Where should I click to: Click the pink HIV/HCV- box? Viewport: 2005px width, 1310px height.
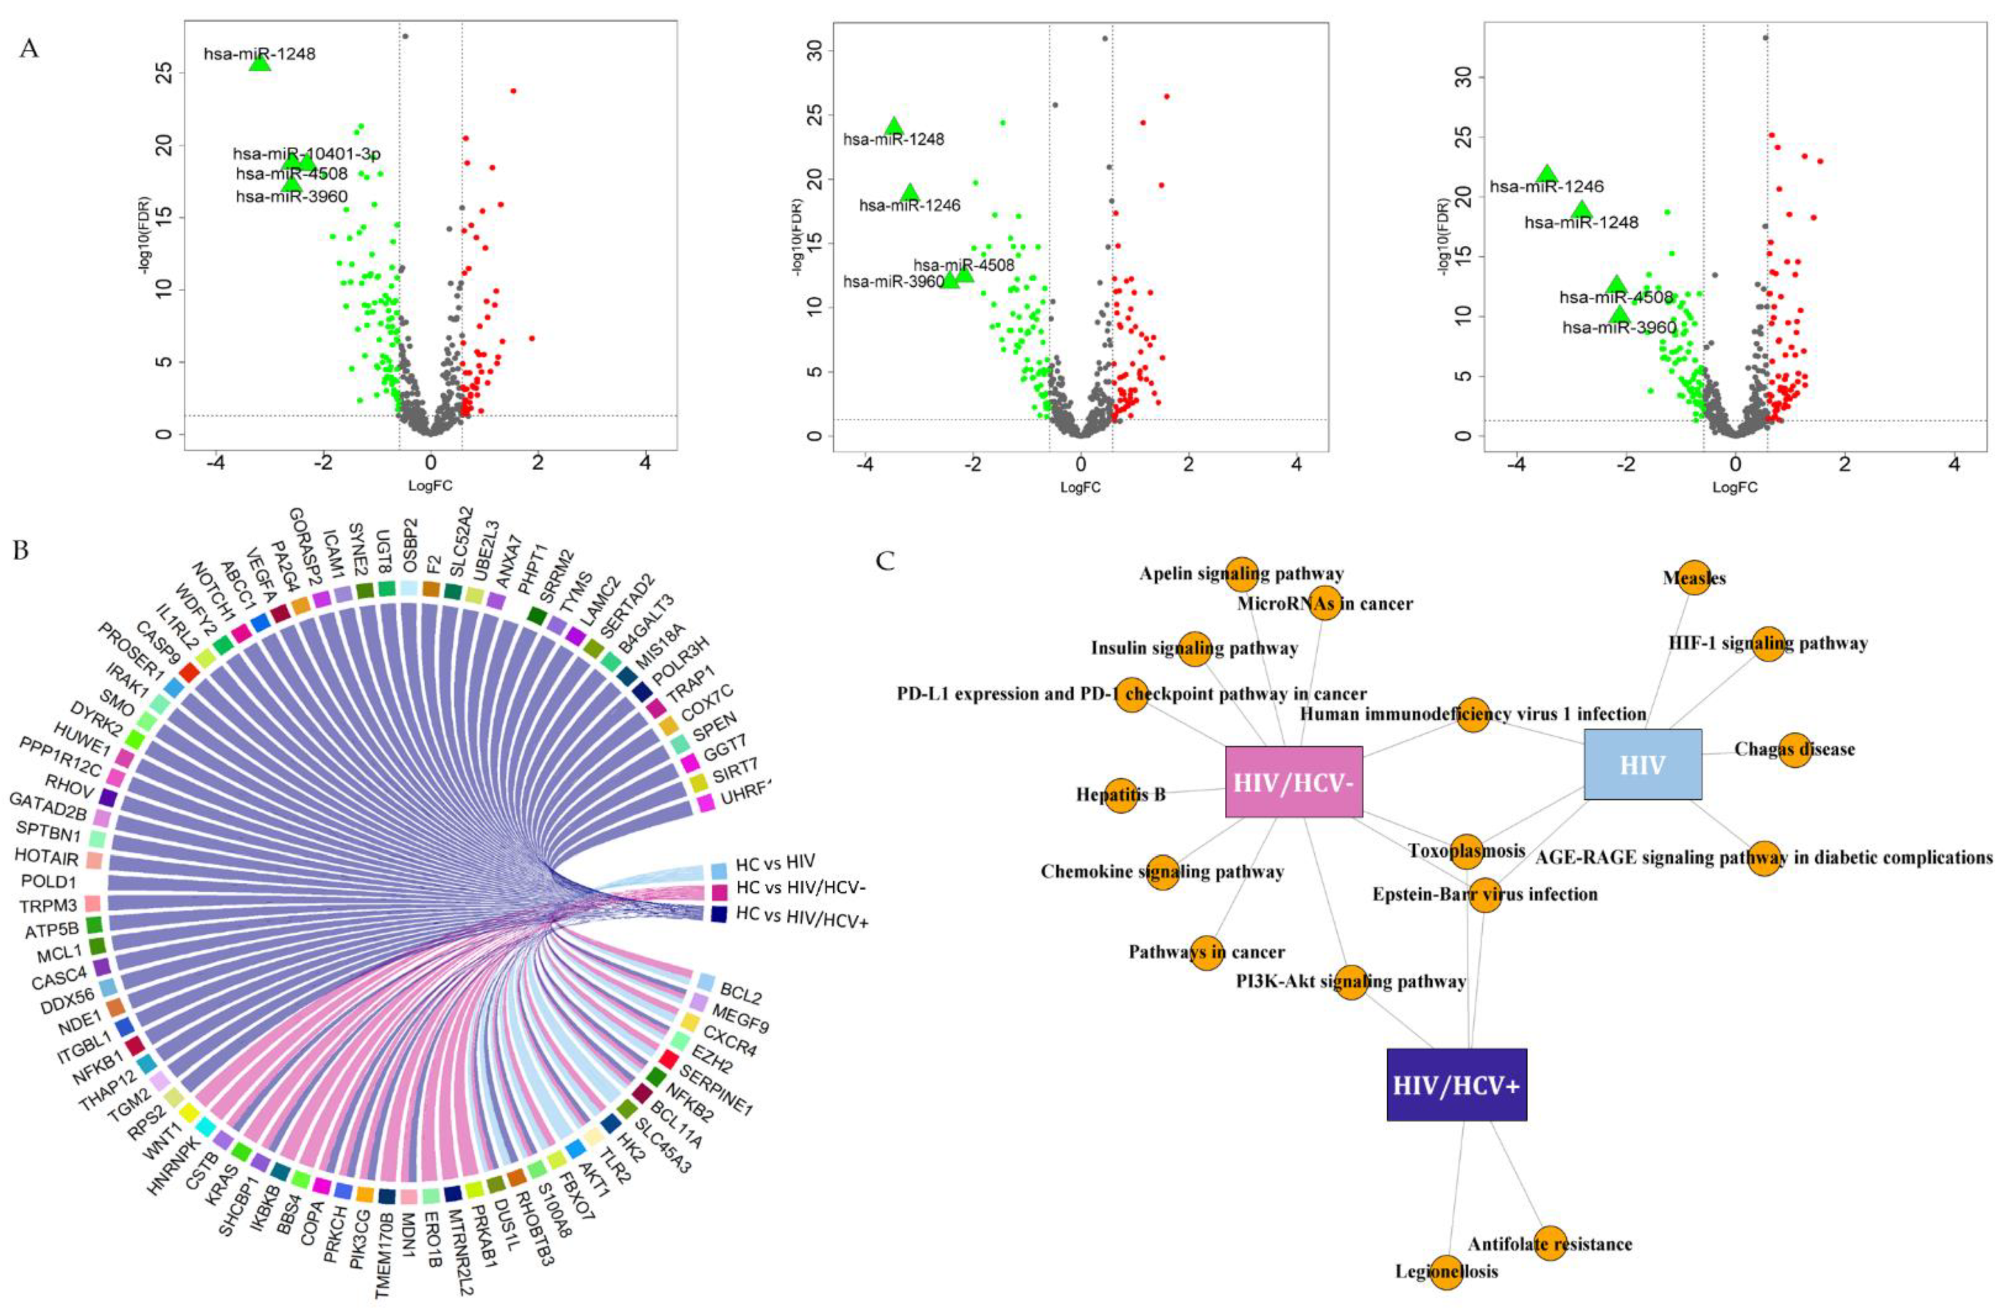(x=1293, y=781)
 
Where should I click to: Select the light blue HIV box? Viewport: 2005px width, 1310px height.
(x=1642, y=764)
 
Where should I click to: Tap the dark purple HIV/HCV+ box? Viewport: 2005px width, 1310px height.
(x=1457, y=1084)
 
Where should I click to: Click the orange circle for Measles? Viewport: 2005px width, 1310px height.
(x=1694, y=577)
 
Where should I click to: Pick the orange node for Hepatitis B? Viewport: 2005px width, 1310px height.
(x=1120, y=795)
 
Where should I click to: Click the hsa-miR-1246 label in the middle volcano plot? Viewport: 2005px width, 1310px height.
(x=910, y=205)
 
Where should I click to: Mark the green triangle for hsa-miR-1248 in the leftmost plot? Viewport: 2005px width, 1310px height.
(x=259, y=62)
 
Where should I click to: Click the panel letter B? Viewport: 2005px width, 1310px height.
(x=21, y=549)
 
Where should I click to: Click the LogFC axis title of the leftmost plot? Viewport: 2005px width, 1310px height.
(x=431, y=485)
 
